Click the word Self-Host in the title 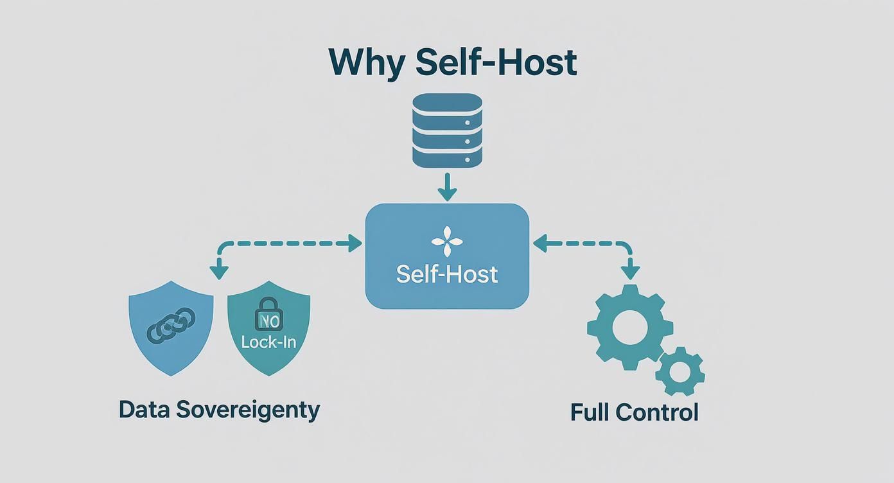pos(496,62)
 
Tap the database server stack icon pos(447,130)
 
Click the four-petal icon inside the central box pos(447,242)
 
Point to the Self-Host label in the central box pos(447,274)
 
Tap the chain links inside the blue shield pos(171,324)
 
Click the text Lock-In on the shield pos(268,341)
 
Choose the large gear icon pos(630,328)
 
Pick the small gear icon pos(679,371)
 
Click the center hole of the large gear pos(630,328)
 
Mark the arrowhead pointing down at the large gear pos(631,272)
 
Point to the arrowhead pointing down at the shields pos(220,272)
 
